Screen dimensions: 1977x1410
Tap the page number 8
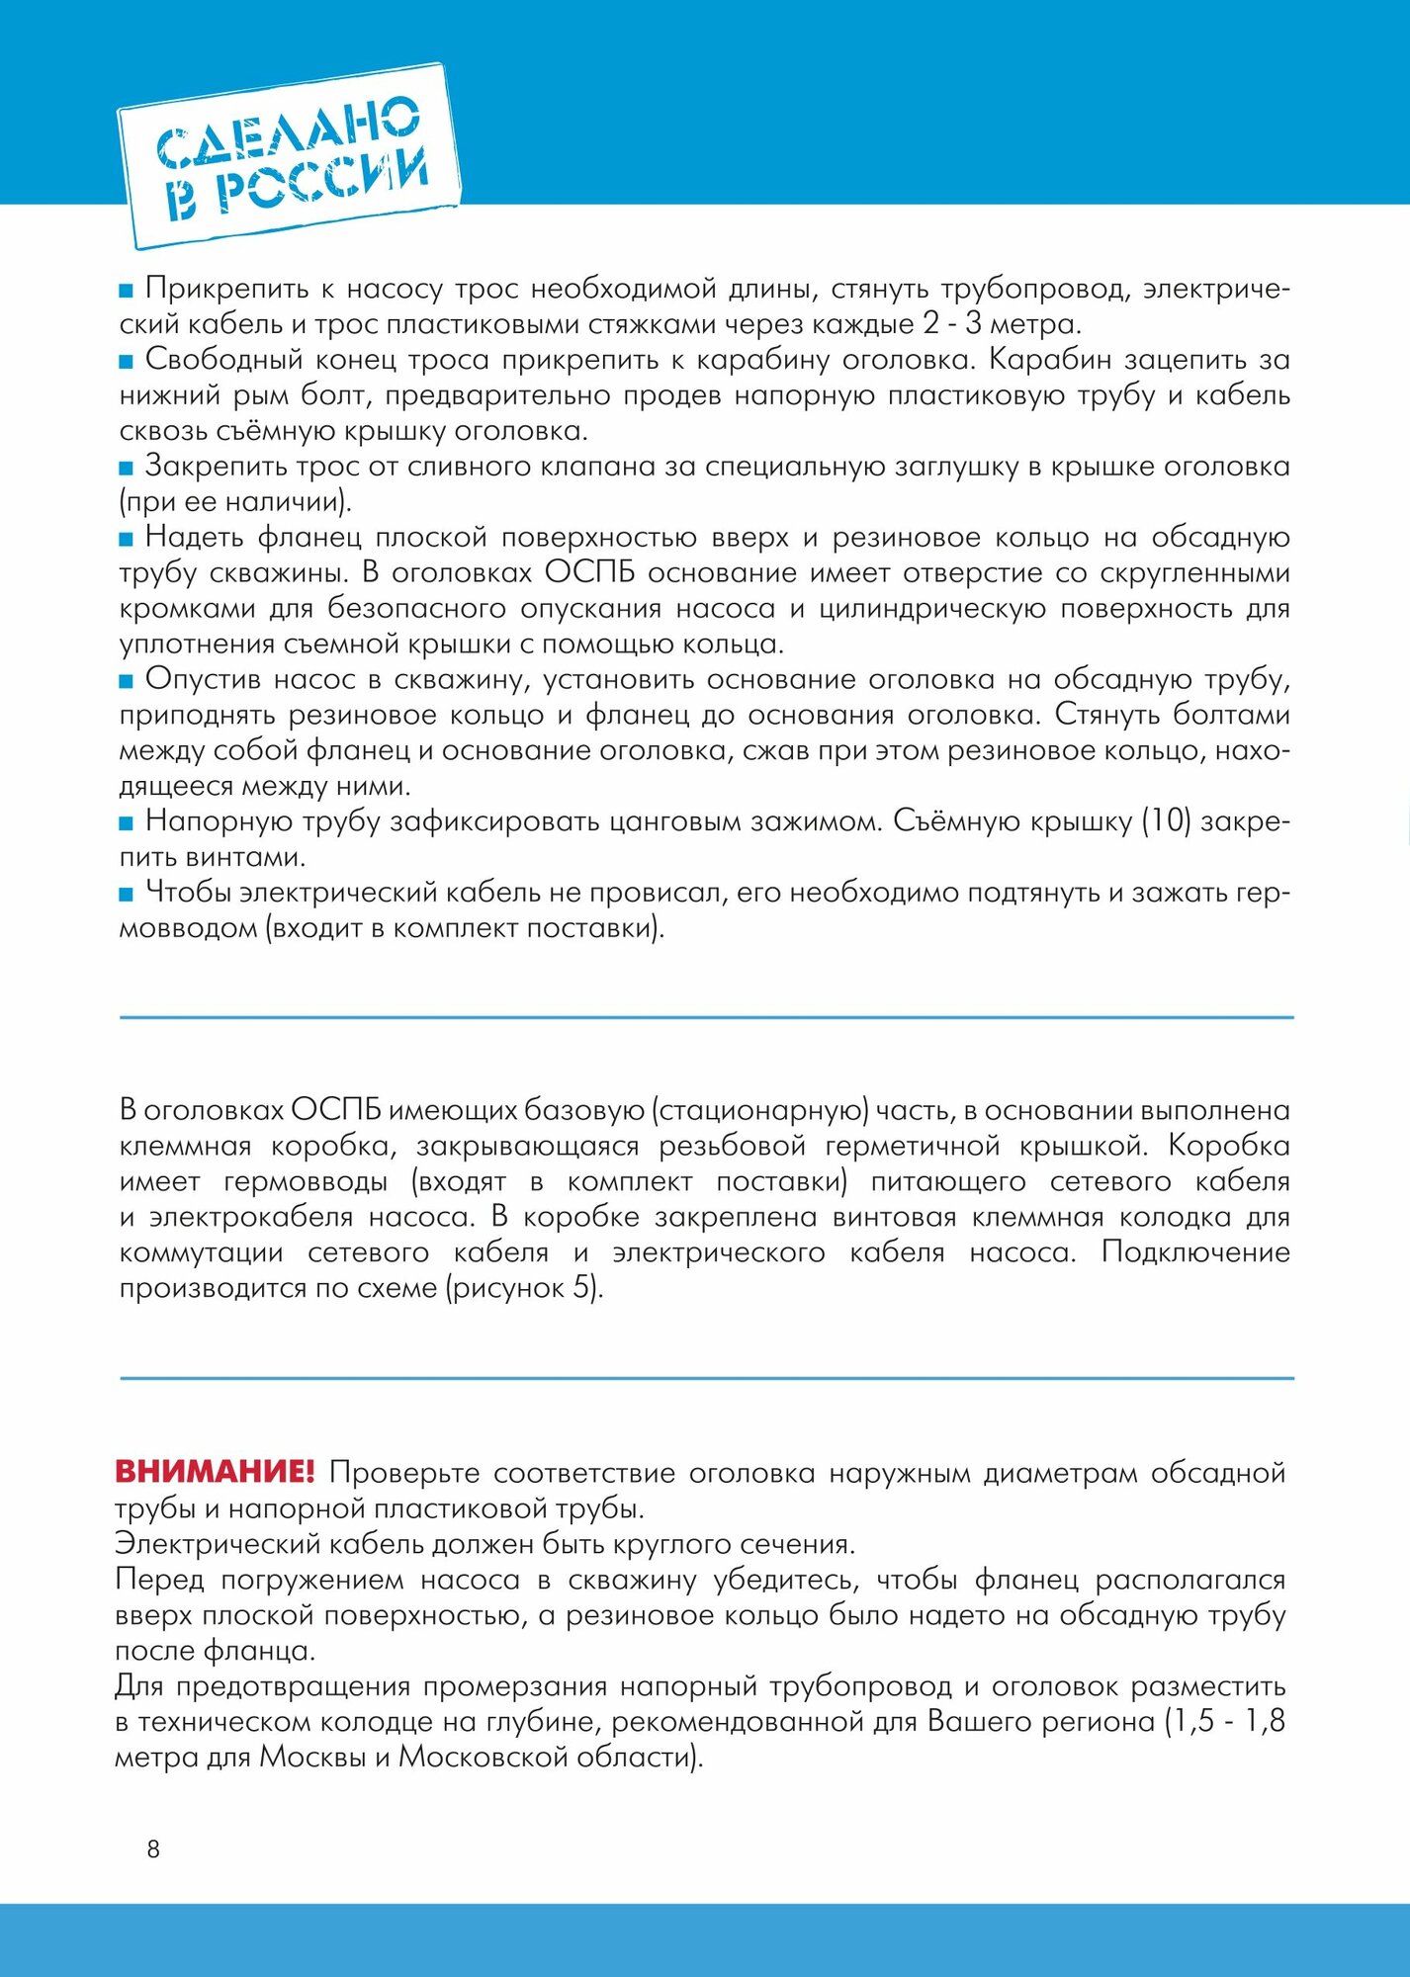point(153,1848)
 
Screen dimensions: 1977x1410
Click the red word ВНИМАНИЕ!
point(215,1472)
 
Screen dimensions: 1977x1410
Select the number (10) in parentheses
point(1165,821)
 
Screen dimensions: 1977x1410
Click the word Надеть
point(194,537)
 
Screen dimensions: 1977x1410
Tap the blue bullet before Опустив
point(126,681)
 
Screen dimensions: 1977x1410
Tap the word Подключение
point(1194,1252)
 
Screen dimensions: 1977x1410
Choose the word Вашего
point(974,1721)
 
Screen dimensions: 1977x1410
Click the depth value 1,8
point(1265,1721)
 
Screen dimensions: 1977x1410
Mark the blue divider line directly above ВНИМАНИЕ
point(706,1378)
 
